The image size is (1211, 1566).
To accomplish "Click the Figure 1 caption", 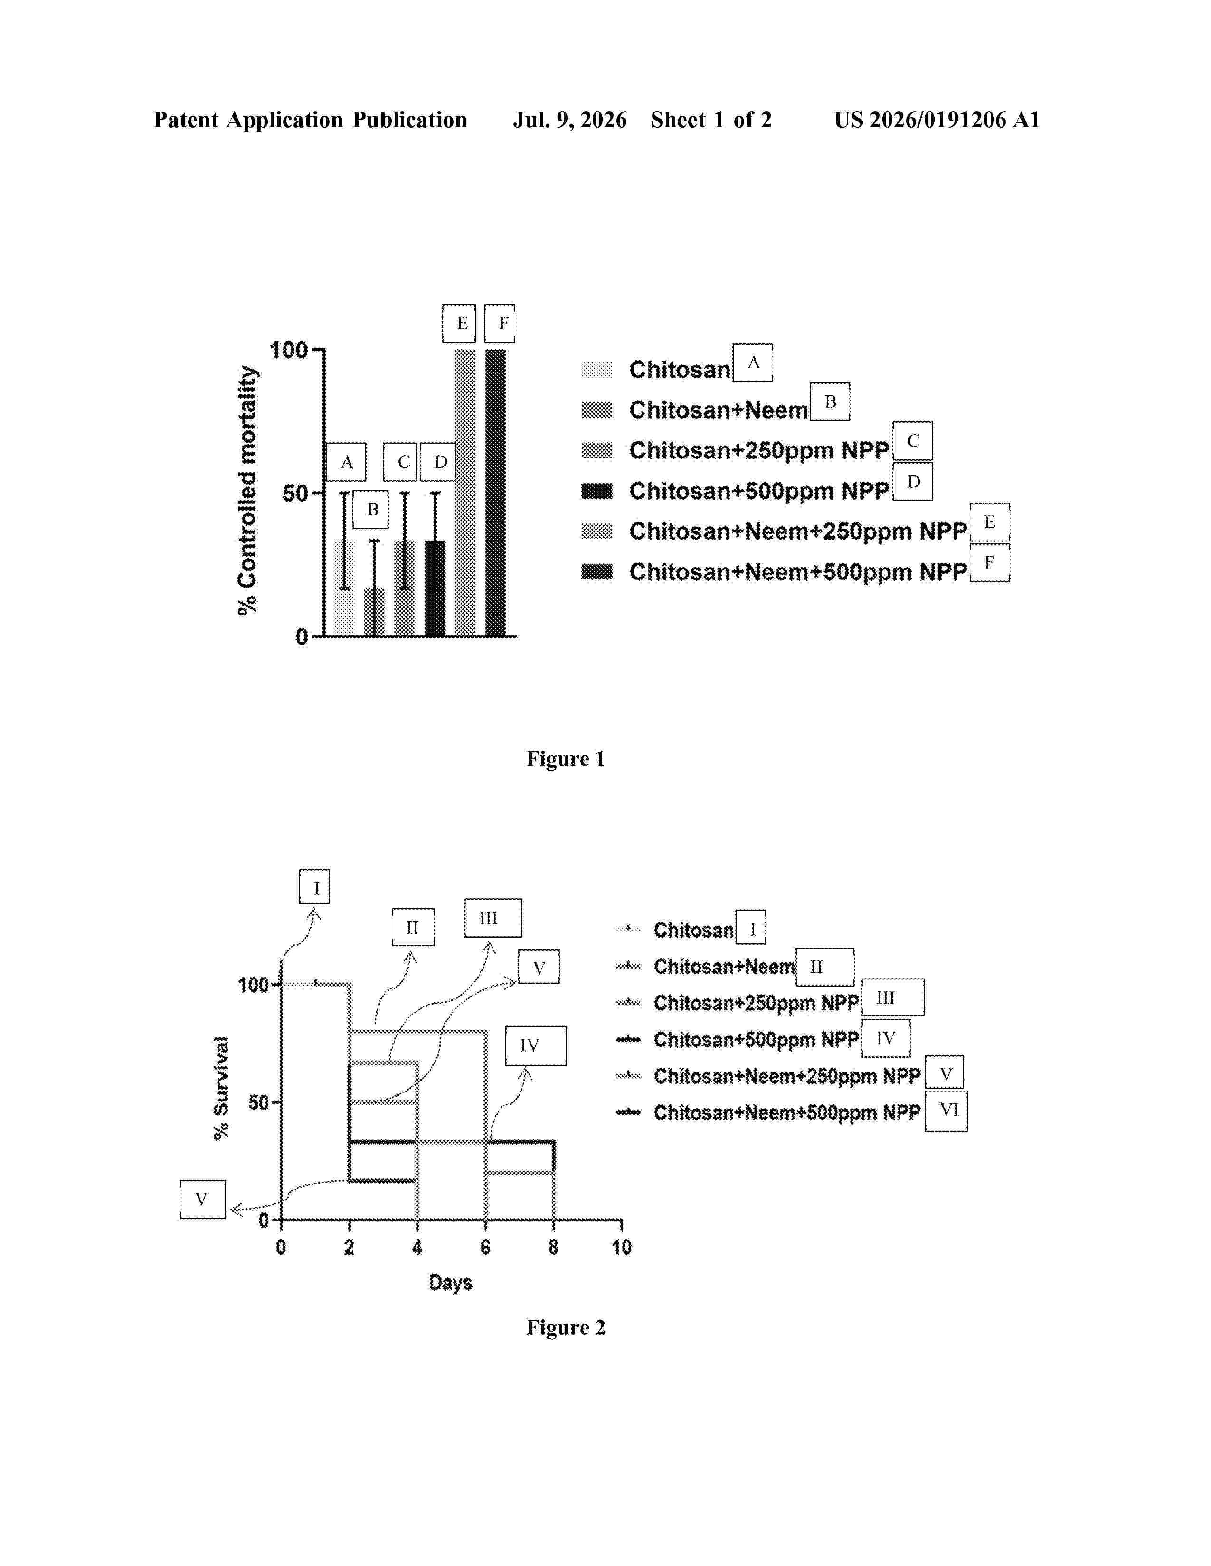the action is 566,759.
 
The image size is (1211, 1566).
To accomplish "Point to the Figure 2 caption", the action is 566,1327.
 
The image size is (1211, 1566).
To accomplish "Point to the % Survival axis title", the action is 222,1088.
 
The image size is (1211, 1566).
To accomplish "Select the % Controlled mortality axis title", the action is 247,491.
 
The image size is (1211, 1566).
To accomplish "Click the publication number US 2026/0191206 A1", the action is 937,120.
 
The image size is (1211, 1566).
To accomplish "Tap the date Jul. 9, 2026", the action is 569,120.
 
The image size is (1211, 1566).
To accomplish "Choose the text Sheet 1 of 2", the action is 711,120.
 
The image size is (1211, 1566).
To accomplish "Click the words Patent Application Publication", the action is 310,120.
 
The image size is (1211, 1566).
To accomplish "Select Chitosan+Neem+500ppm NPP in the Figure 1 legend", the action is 798,571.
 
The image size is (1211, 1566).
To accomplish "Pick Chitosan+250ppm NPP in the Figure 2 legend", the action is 756,1002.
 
